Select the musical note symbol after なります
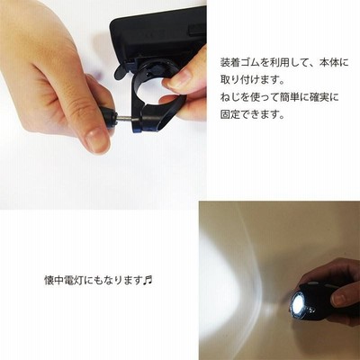(148, 281)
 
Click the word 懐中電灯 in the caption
(64, 281)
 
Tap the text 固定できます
(252, 114)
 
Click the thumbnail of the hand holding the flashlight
(340, 299)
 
